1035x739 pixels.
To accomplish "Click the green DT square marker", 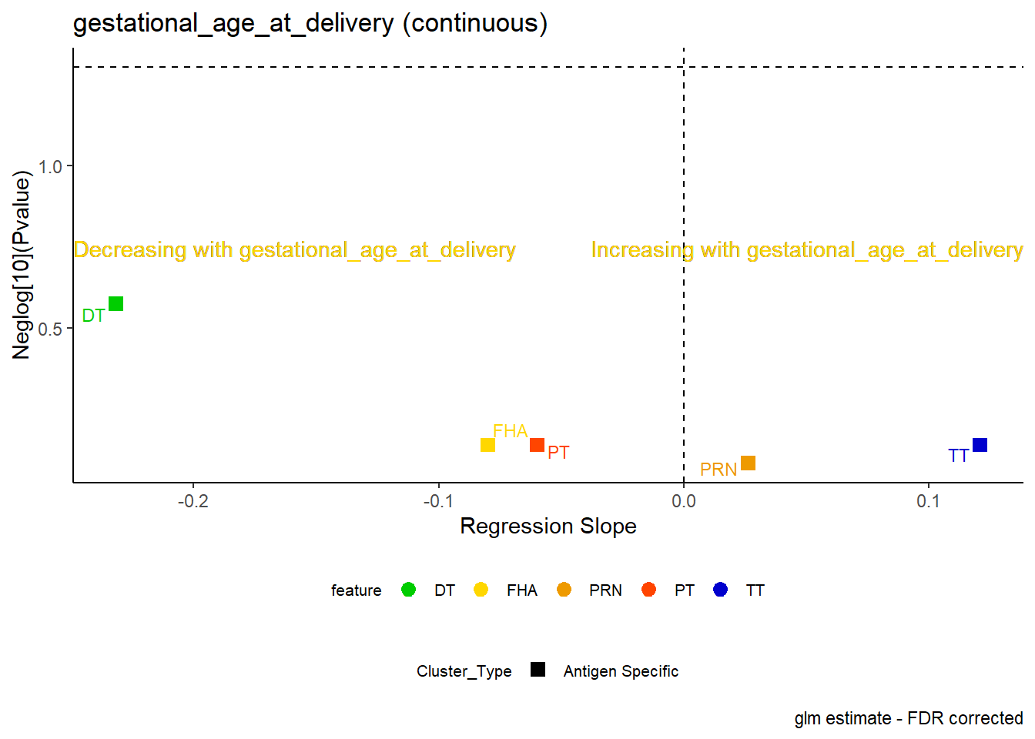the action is click(x=116, y=304).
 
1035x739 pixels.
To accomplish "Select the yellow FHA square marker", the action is click(x=487, y=445).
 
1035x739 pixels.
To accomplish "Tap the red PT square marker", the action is click(x=537, y=445).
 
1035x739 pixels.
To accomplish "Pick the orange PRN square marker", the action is click(x=748, y=463).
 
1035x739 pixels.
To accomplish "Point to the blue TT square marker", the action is click(x=980, y=445).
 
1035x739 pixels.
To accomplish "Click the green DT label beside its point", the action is click(x=93, y=316).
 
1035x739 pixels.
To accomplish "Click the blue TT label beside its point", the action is click(x=958, y=456).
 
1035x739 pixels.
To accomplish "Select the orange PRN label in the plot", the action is click(x=718, y=470).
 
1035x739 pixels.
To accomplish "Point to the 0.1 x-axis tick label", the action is click(x=929, y=501).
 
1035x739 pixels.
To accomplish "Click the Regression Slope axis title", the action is click(x=548, y=527).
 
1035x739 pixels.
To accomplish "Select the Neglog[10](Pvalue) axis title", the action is click(x=22, y=265).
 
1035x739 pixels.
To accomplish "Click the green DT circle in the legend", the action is click(x=408, y=590).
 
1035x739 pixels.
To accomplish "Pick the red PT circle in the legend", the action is click(x=648, y=590).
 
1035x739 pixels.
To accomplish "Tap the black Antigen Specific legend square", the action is click(x=538, y=670).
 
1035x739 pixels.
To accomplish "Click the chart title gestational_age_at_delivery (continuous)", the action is click(x=310, y=23).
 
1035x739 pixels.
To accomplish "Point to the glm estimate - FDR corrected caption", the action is click(x=909, y=719).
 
